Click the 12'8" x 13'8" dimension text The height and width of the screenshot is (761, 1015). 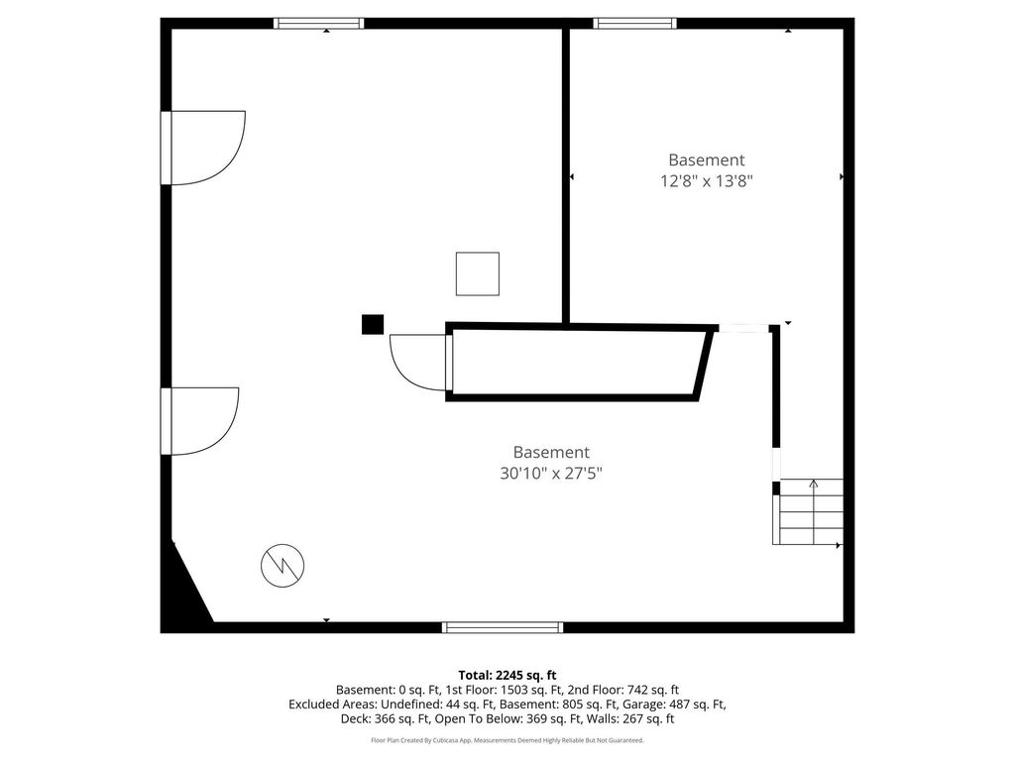pos(706,180)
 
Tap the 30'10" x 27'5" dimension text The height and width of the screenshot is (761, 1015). pos(551,473)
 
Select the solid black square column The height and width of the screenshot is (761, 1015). pos(373,324)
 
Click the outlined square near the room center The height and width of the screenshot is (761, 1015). pos(478,273)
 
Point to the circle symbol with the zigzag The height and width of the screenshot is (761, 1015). pos(282,565)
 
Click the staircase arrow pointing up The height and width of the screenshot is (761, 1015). pos(814,511)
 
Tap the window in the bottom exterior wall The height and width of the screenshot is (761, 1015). pos(503,627)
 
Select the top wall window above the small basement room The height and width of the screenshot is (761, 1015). pos(635,24)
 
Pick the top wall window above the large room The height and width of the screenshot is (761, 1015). pos(318,24)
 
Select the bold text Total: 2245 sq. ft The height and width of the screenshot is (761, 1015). pos(507,676)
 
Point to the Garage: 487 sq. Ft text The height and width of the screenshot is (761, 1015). pos(667,705)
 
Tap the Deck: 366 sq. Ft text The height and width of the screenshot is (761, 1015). pos(386,719)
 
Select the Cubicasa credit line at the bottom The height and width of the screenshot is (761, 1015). pos(507,740)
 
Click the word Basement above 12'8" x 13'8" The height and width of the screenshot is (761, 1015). pos(706,160)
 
